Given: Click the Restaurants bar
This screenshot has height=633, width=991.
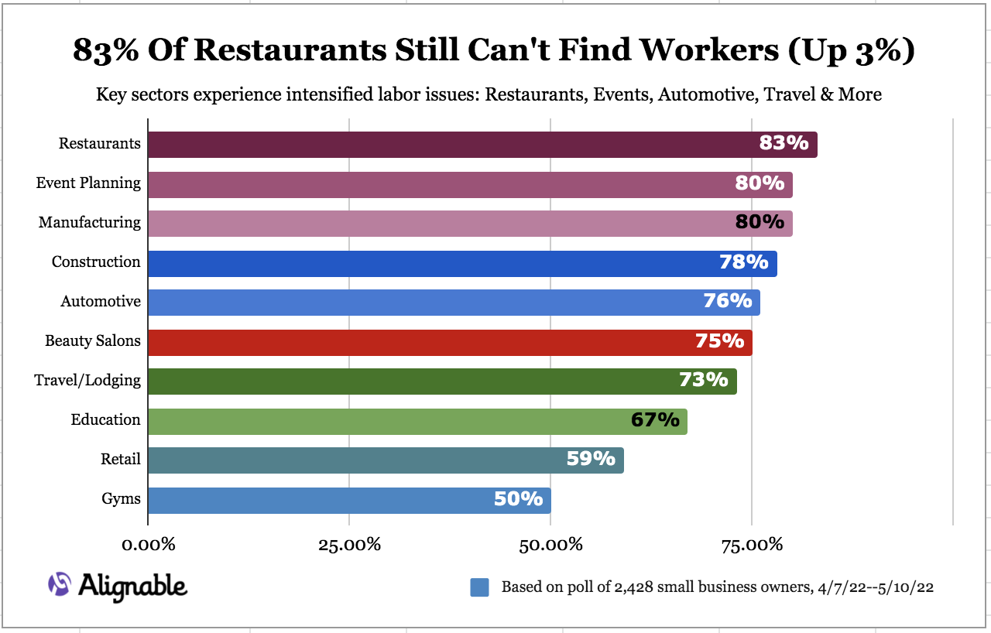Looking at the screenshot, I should point(465,145).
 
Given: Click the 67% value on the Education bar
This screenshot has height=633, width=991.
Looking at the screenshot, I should point(655,420).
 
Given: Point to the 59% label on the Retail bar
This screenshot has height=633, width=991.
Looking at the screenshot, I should point(591,459).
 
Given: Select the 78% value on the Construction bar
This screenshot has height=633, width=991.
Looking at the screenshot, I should point(744,262).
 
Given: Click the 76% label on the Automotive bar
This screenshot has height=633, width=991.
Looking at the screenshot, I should point(728,300).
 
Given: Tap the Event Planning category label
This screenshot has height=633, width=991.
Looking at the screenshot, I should point(88,183).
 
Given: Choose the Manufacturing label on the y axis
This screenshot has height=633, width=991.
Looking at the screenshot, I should point(90,223).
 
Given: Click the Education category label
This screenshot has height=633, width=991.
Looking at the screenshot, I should point(105,420).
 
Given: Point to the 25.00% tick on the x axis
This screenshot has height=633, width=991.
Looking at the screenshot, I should point(349,544).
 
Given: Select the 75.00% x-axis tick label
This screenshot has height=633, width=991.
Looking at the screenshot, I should point(752,544).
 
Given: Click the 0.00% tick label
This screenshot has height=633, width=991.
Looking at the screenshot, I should point(148,544).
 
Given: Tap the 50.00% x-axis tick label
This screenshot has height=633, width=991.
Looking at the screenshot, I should point(550,544).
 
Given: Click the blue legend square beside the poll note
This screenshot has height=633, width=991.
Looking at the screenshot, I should point(479,587).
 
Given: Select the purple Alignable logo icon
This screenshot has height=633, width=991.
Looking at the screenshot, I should point(60,585).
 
